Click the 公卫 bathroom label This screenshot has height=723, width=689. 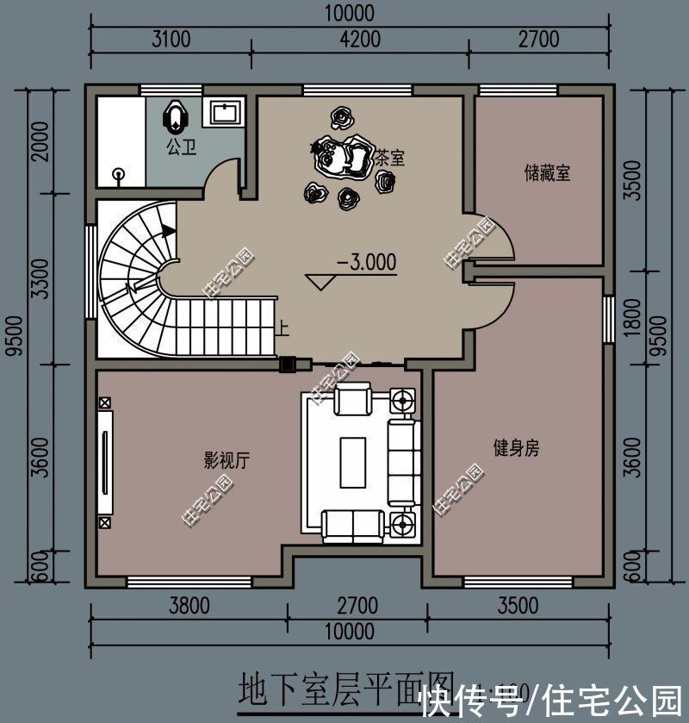[x=181, y=146]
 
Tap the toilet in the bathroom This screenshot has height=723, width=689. [x=176, y=115]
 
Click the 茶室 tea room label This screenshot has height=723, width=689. [x=390, y=159]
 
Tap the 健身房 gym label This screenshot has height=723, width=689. [x=516, y=448]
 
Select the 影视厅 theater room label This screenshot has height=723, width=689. [x=227, y=460]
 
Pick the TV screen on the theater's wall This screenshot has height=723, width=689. [x=106, y=463]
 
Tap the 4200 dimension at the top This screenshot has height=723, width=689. [x=360, y=39]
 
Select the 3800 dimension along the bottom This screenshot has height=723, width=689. [x=189, y=606]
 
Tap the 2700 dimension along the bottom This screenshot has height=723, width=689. [x=357, y=606]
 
